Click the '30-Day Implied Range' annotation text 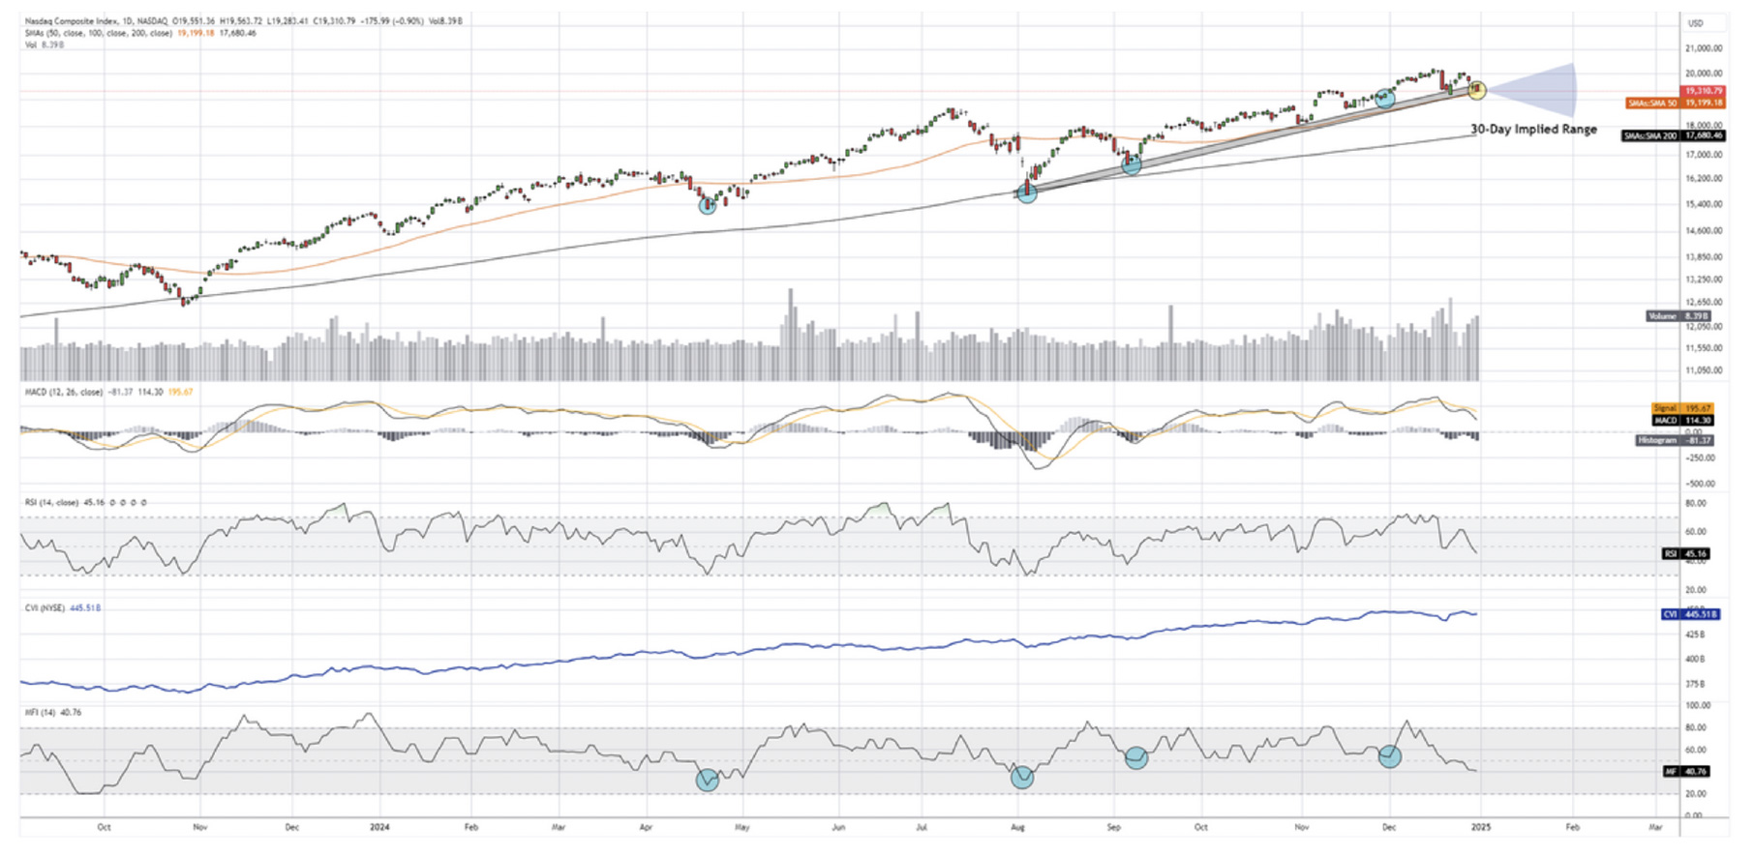pos(1533,129)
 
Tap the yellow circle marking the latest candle pos(1476,90)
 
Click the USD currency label pos(1695,23)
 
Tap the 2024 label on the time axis pos(379,828)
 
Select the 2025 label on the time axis pos(1479,828)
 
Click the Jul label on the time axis pos(921,828)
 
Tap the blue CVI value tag pos(1690,614)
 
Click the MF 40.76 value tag pos(1685,772)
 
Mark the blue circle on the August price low pos(1026,192)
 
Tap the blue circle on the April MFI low pos(708,780)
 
